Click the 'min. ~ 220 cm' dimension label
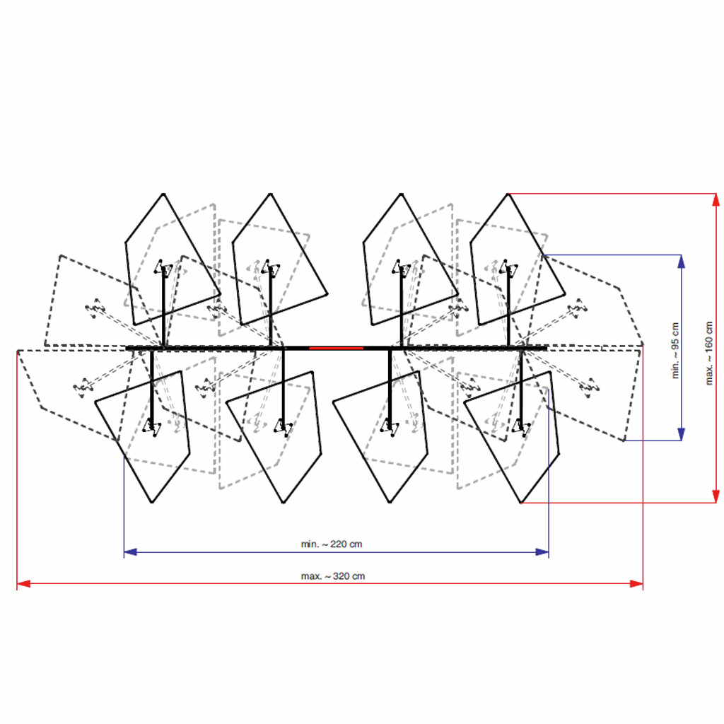click(332, 544)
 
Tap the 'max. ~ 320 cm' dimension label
click(333, 576)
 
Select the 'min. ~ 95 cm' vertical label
click(675, 351)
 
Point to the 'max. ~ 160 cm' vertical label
click(708, 354)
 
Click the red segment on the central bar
click(336, 348)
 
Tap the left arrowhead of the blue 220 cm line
click(131, 551)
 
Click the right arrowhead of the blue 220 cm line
click(542, 551)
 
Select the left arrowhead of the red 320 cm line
click(23, 583)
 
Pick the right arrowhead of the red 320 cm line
click(636, 583)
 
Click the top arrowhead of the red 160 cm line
click(716, 200)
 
